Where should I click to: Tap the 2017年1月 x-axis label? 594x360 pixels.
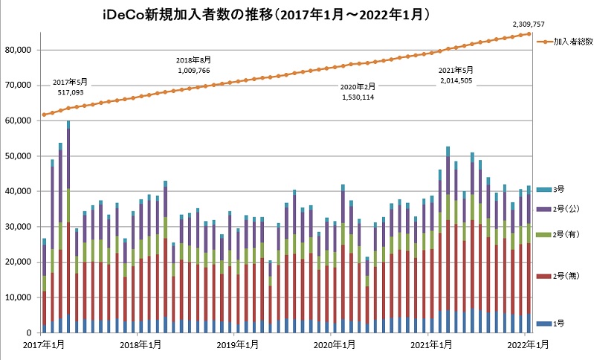click(42, 344)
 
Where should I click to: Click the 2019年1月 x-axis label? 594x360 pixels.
click(237, 344)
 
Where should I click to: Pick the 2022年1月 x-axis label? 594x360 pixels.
click(529, 344)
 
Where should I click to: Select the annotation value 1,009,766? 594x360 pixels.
click(194, 70)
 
